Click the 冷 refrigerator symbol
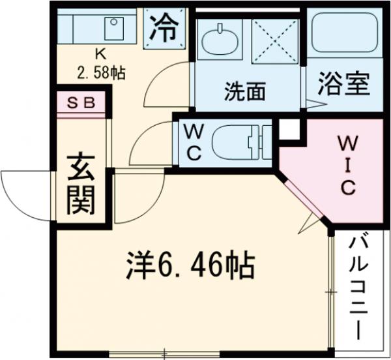click(165, 28)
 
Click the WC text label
click(194, 142)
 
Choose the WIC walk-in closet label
click(346, 166)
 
